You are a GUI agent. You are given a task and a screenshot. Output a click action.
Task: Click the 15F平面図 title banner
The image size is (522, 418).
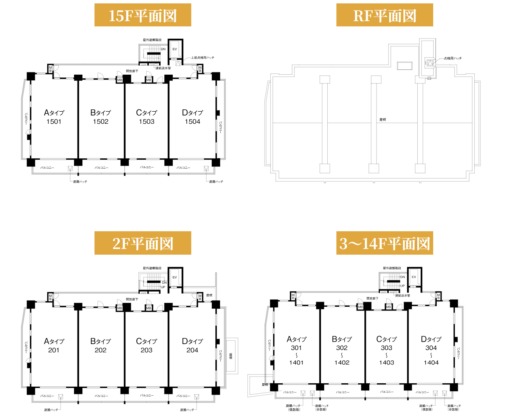143,15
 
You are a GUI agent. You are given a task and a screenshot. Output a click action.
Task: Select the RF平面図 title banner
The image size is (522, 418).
384,15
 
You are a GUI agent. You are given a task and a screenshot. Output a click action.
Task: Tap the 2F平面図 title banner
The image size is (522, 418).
143,244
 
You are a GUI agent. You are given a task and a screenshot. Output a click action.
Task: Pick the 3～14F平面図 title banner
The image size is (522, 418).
384,244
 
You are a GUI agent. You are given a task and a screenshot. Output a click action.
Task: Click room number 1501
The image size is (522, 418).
54,121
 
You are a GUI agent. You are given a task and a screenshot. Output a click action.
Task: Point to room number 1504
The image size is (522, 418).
192,121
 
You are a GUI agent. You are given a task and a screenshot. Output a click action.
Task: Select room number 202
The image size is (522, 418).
101,350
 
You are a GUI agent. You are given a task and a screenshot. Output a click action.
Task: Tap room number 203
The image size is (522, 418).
146,350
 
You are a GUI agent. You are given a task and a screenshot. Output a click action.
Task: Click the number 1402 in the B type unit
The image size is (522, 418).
342,363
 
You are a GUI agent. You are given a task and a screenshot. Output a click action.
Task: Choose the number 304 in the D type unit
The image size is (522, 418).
431,348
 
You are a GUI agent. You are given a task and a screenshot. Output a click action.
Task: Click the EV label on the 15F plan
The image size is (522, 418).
175,49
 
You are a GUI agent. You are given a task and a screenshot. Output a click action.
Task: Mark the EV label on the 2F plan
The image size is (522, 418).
175,277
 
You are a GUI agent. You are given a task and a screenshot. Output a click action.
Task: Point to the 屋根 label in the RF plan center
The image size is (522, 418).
383,120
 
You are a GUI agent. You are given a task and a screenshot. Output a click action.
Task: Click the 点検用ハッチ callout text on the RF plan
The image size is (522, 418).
452,58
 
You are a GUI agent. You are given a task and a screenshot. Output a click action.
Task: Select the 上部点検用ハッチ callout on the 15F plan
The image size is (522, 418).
203,58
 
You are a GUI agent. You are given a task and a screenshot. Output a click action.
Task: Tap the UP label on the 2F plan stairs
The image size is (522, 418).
163,287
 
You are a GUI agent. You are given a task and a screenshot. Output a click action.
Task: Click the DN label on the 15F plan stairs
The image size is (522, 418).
163,49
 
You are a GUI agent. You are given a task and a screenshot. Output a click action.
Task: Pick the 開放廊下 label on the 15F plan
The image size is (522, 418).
132,71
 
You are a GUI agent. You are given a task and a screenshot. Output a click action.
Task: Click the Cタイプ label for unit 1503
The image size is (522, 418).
146,112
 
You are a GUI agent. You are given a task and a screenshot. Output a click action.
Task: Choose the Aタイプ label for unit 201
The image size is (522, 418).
54,341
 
